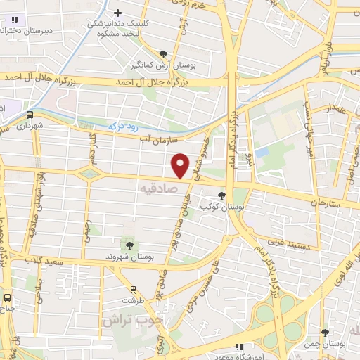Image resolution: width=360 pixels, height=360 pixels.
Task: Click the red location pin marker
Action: tap(181, 165)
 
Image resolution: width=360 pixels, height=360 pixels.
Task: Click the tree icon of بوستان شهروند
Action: tap(129, 244)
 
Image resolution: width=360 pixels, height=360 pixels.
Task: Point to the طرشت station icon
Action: tap(134, 288)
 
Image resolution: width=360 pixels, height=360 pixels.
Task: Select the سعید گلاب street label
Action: tap(60, 259)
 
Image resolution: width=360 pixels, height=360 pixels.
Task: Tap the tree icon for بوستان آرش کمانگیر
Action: tap(164, 53)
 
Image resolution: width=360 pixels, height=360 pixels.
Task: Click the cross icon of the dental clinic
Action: tap(118, 12)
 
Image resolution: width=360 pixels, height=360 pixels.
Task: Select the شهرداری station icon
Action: tap(30, 115)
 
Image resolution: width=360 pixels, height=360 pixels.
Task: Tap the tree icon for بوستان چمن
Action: tap(324, 332)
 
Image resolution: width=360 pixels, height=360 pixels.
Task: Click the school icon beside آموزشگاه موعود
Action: tap(239, 347)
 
